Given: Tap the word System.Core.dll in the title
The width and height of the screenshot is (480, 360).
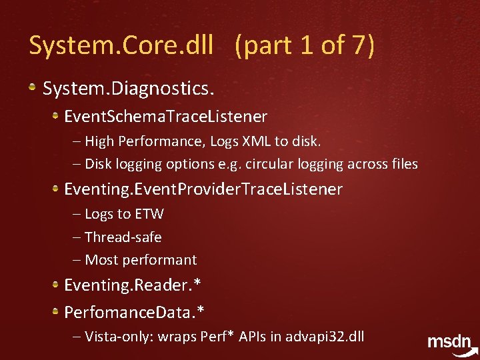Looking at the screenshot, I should click(x=121, y=46).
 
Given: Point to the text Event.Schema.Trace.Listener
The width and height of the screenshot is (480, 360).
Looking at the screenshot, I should click(x=165, y=117).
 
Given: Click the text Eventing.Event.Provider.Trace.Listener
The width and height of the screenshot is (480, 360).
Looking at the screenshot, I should click(x=203, y=189).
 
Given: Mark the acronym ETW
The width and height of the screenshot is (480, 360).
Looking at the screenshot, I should click(x=149, y=214).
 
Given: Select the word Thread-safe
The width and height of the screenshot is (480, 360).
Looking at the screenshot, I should click(x=123, y=237).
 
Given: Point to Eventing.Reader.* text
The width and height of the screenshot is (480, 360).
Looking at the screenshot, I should click(x=133, y=285).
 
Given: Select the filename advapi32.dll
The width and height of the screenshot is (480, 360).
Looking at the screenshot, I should click(x=325, y=336).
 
